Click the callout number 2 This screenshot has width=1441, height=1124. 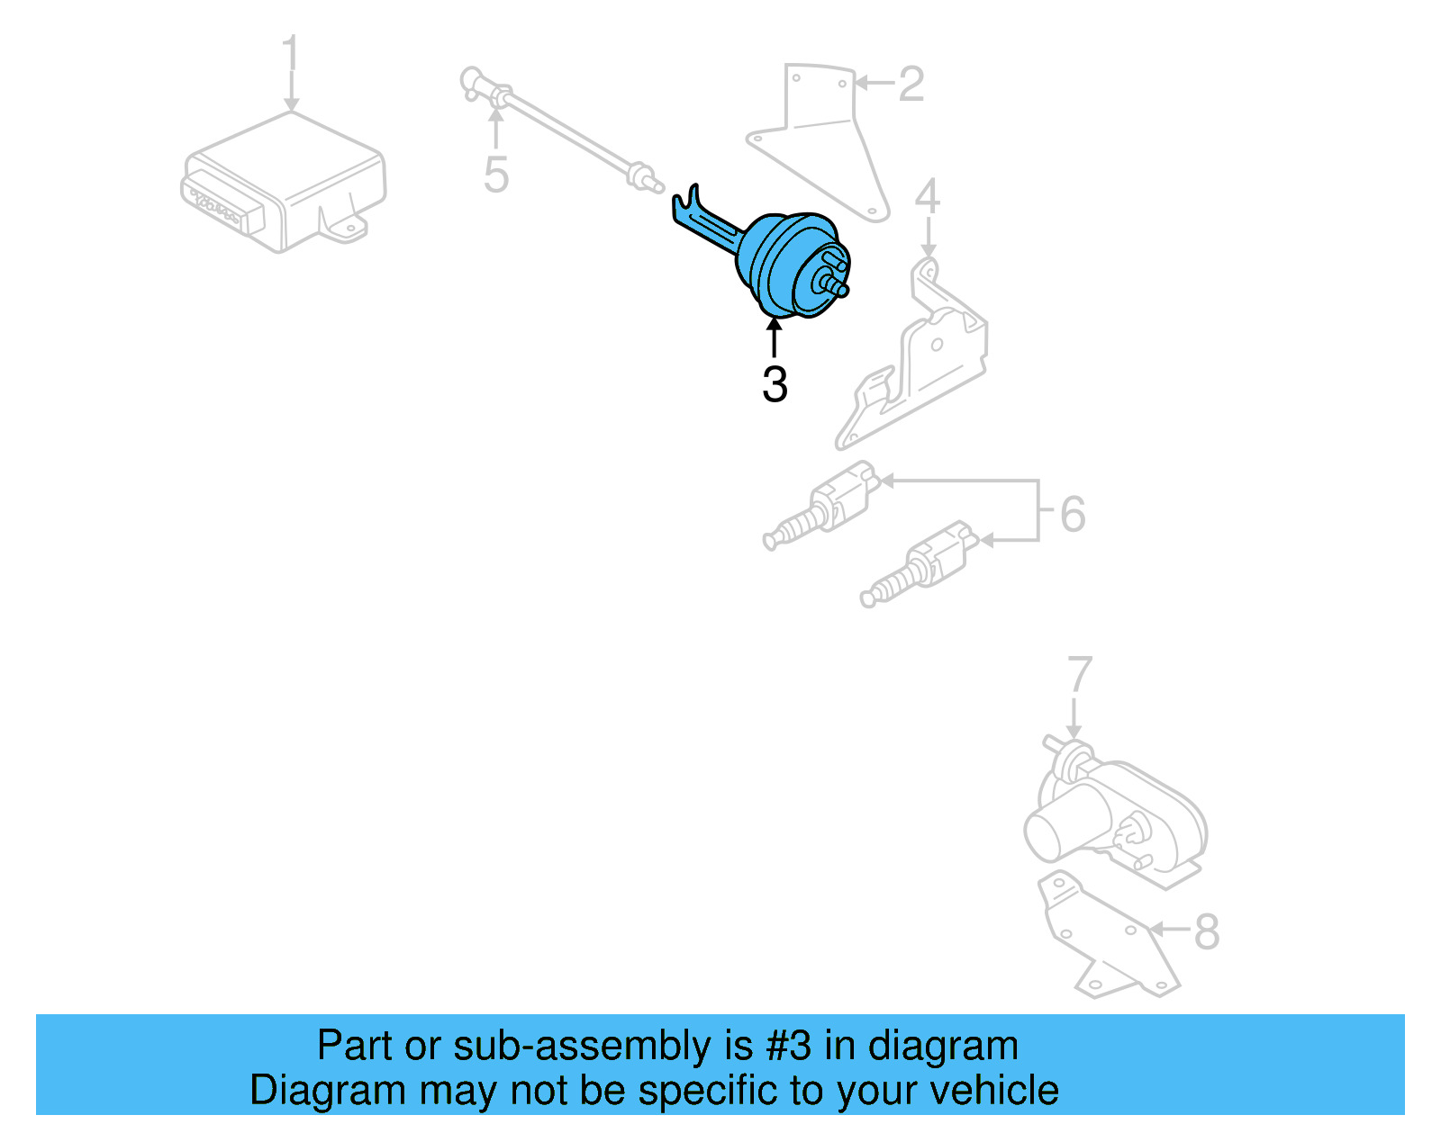pos(911,84)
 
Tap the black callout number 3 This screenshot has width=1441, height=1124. pos(775,385)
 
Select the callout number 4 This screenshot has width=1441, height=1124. pos(928,197)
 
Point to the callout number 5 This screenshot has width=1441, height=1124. pos(496,175)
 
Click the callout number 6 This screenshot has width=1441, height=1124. pos(1073,514)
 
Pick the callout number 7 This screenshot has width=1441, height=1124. pos(1079,676)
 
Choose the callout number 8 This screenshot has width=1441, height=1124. pos(1207,931)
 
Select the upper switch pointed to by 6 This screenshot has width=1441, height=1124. pos(824,508)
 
